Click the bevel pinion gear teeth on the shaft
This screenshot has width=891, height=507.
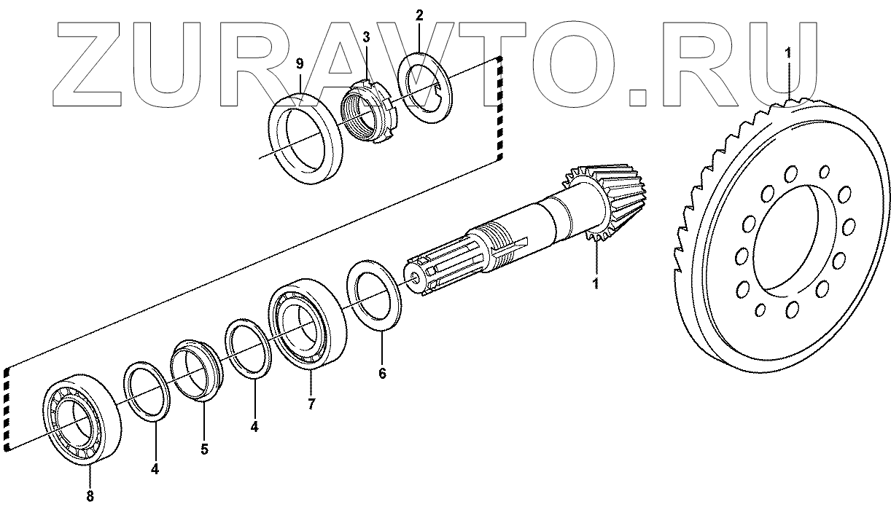[598, 204]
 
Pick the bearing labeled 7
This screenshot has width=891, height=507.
[306, 323]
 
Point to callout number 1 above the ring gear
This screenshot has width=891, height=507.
[787, 52]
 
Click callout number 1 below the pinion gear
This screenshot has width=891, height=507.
[596, 283]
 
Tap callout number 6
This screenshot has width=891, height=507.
[382, 374]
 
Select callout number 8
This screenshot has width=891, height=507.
[90, 497]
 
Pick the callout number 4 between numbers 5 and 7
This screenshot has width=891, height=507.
[254, 428]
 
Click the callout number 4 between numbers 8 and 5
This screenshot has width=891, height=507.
[155, 469]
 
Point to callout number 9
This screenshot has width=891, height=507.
[300, 64]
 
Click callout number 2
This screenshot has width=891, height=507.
[419, 15]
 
